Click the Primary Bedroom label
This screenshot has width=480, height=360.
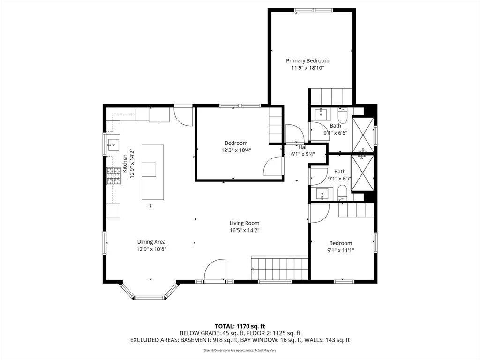307,60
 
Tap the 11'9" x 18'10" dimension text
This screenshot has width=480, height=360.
307,68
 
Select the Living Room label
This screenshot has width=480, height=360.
244,223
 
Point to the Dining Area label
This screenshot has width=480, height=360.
151,242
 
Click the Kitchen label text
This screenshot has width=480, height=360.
125,164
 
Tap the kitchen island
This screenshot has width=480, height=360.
153,172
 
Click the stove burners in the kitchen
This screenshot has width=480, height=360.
113,176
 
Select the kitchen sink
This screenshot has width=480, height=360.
113,145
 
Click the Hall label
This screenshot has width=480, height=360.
303,147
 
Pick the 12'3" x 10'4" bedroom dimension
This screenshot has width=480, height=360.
236,150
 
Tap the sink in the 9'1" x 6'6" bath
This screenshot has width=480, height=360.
321,114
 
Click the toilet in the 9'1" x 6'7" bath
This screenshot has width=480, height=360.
342,192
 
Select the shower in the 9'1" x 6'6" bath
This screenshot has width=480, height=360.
363,135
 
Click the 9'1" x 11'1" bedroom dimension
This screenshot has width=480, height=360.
341,250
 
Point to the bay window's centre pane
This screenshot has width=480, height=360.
150,297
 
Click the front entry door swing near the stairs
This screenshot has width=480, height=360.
215,270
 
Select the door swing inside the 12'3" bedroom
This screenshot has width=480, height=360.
273,166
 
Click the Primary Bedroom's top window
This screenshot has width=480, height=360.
314,10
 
